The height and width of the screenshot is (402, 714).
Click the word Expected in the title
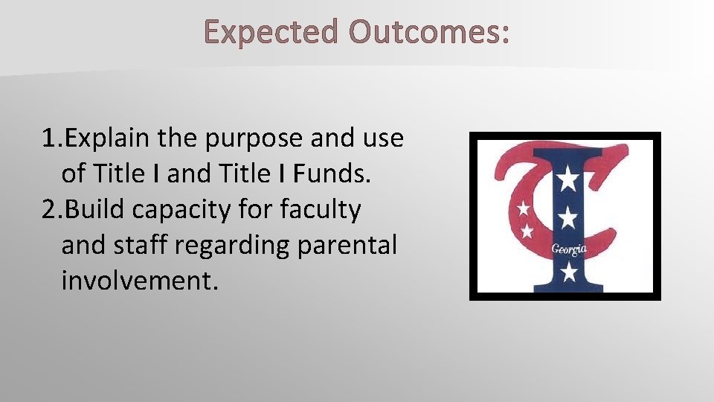pyautogui.click(x=268, y=33)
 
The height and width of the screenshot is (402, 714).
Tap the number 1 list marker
pyautogui.click(x=50, y=138)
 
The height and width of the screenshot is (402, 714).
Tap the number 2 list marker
pyautogui.click(x=50, y=210)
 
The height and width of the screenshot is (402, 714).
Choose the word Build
pyautogui.click(x=96, y=210)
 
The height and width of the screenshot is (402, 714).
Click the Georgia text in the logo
pyautogui.click(x=567, y=248)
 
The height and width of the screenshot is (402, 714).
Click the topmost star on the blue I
pyautogui.click(x=568, y=179)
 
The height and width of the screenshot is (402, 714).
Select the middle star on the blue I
pyautogui.click(x=568, y=217)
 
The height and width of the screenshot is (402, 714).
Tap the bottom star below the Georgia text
pyautogui.click(x=569, y=272)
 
